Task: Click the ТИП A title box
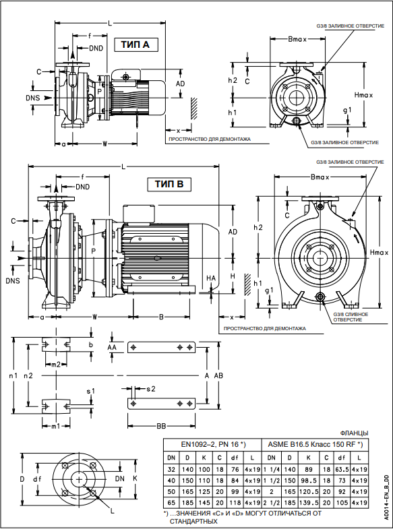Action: [x=136, y=44]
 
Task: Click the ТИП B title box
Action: [x=169, y=184]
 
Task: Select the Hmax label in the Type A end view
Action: [x=363, y=95]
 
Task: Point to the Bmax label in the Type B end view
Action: [x=320, y=177]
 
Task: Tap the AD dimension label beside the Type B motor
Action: [x=233, y=232]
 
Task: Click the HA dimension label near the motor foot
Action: [x=211, y=278]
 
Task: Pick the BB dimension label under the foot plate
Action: [x=161, y=427]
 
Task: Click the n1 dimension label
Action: [x=13, y=375]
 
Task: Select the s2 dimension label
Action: [x=151, y=389]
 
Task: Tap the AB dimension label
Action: [x=218, y=375]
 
